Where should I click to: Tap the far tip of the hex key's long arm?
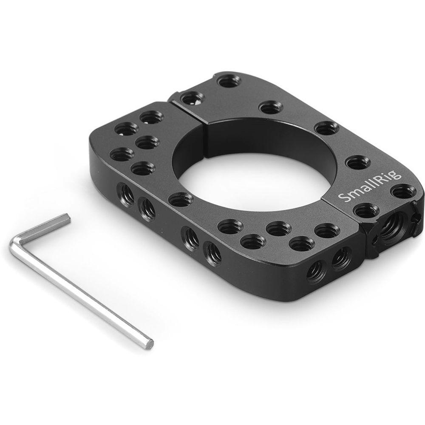tap(149, 342)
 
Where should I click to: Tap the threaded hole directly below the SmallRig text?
tap(366, 210)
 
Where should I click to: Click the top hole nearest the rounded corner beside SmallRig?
tap(403, 191)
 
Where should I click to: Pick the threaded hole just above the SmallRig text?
tap(357, 162)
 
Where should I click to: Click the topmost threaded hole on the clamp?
tap(229, 80)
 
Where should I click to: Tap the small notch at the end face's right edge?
tap(417, 218)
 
